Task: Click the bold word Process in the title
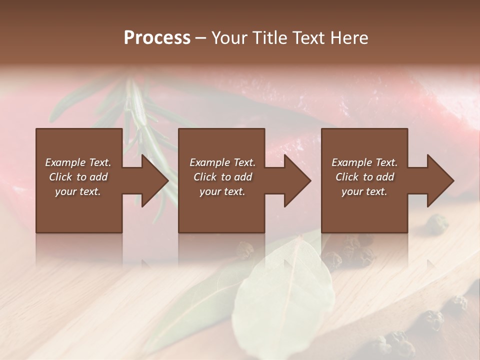tap(157, 38)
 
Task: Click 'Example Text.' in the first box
tap(78, 162)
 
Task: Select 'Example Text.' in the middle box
tap(222, 162)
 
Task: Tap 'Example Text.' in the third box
tap(364, 162)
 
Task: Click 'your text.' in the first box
tap(78, 191)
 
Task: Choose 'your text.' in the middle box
tap(222, 191)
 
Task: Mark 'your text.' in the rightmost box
tap(364, 191)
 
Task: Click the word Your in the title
tap(229, 38)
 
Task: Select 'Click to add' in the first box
tap(78, 177)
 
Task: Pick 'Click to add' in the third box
tap(364, 177)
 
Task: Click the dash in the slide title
tap(201, 38)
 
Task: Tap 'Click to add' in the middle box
tap(222, 177)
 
